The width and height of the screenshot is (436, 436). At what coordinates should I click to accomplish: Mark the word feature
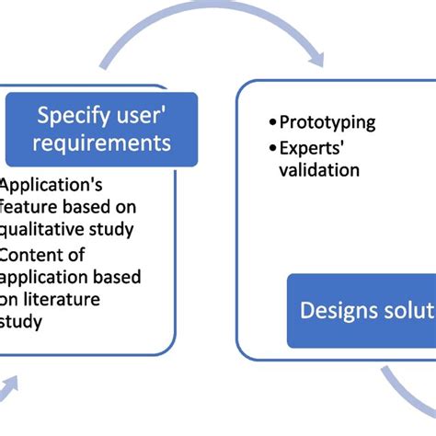27,206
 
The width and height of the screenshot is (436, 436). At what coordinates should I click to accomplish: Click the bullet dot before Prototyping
272,123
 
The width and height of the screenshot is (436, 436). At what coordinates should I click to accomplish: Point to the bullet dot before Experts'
272,148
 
